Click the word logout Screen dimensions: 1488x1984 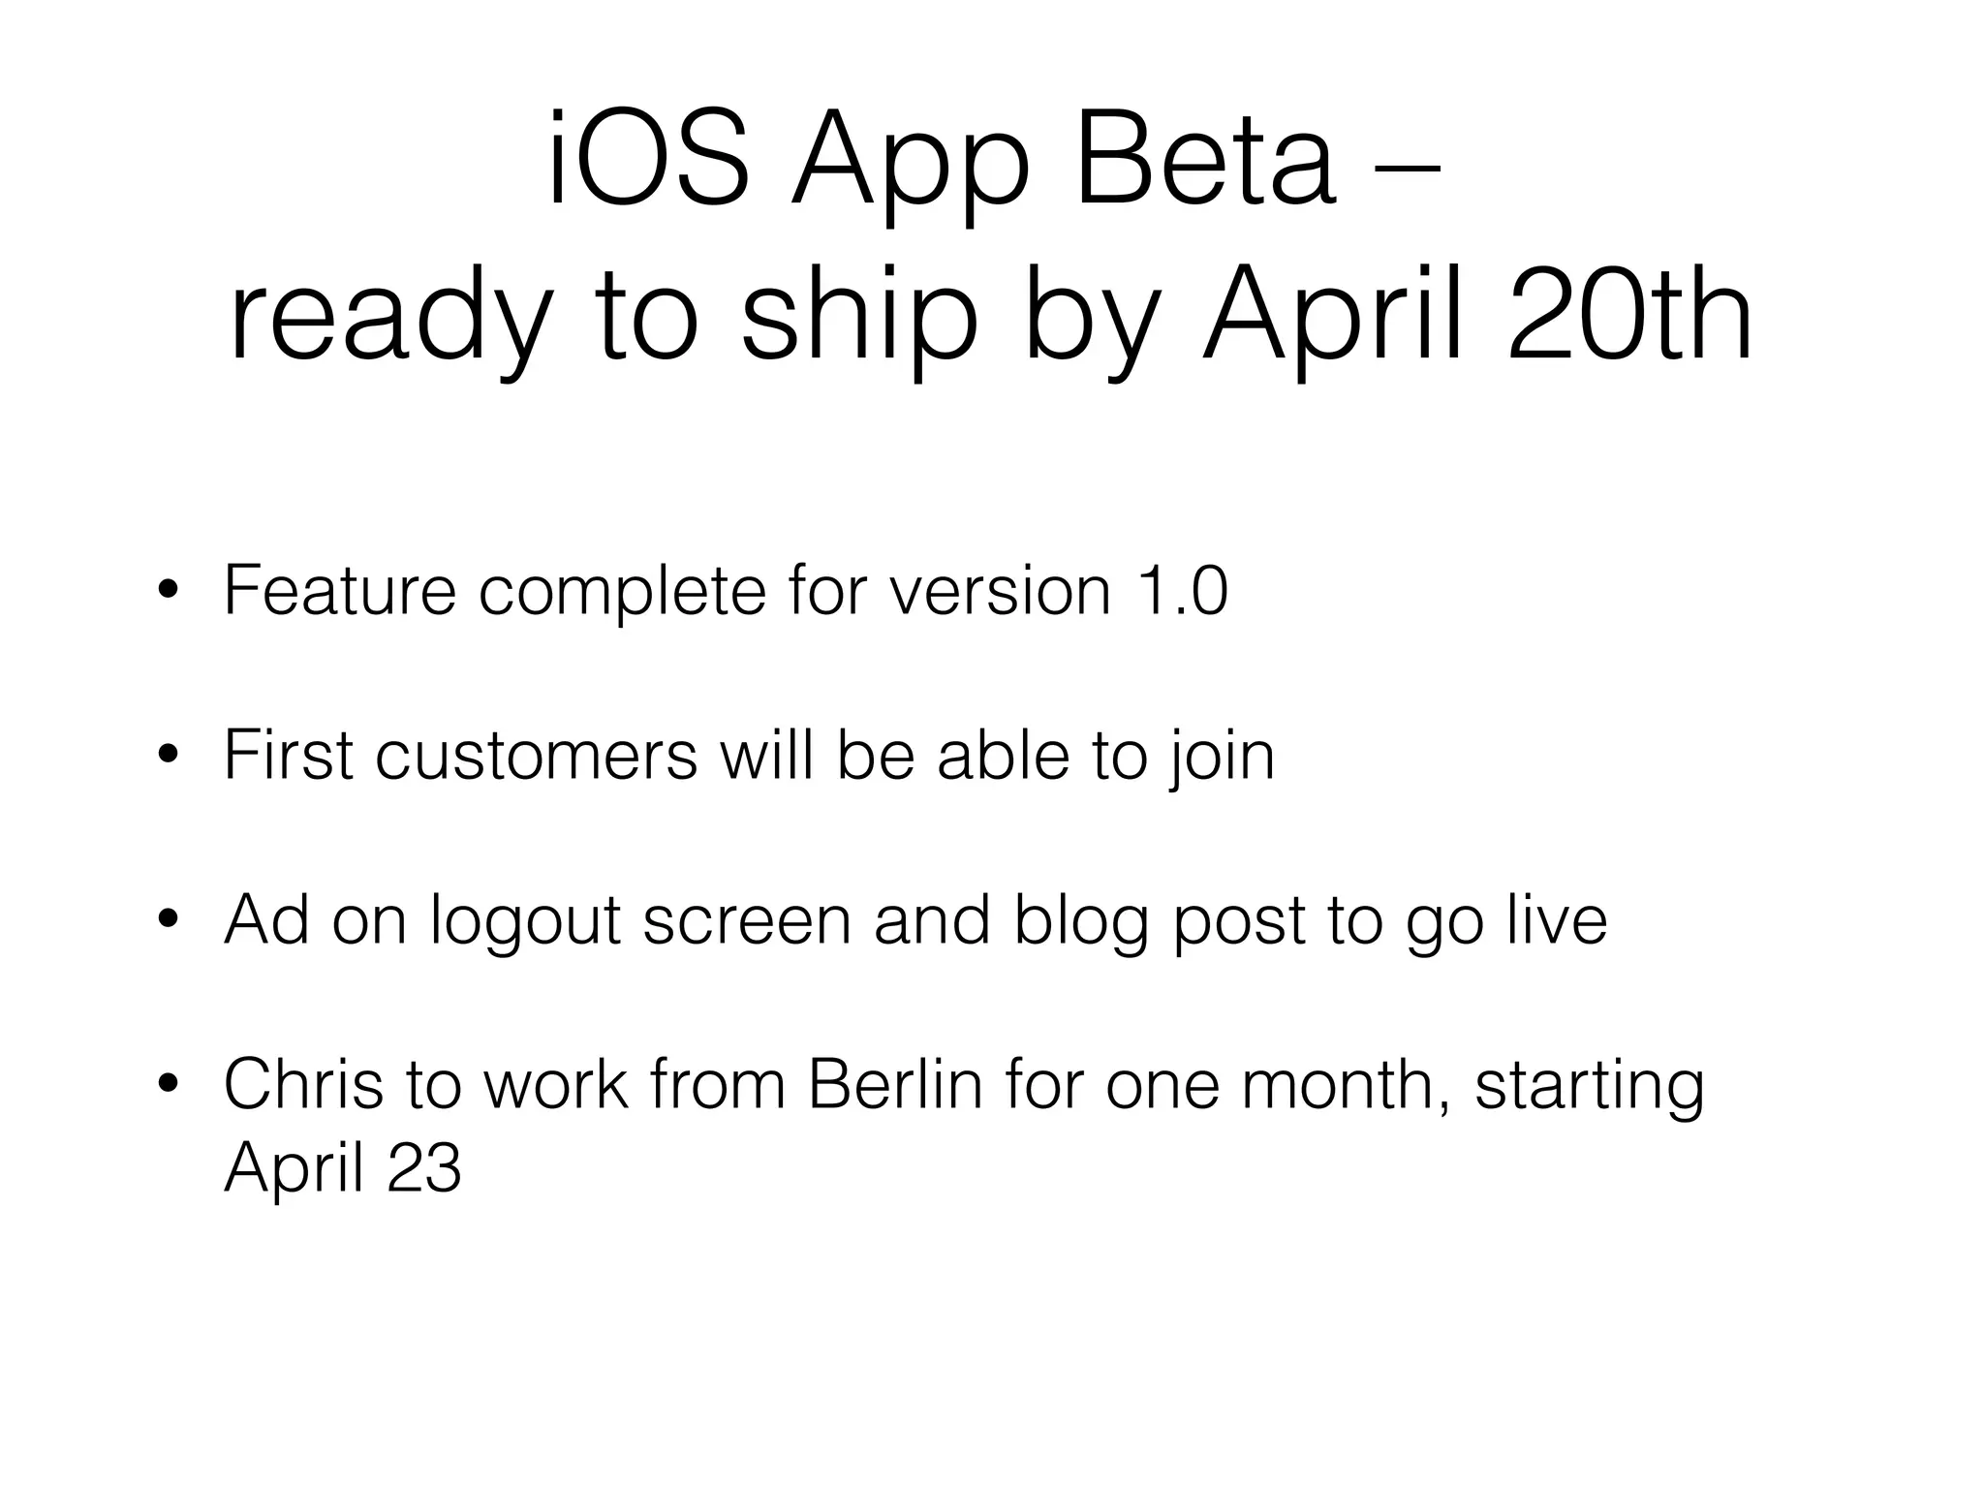click(525, 919)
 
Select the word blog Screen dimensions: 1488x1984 click(1081, 919)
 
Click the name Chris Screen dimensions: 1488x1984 click(303, 1084)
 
